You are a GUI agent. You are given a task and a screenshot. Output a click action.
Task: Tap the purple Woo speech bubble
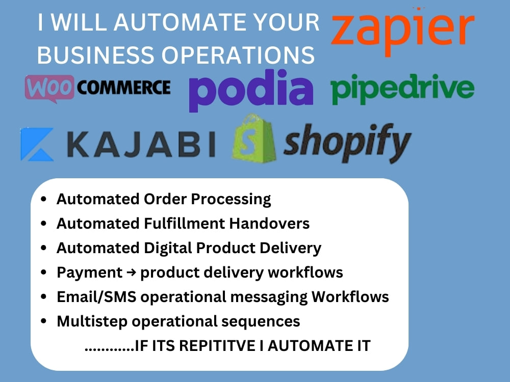click(x=49, y=88)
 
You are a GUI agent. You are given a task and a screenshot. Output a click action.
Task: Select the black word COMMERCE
click(x=124, y=88)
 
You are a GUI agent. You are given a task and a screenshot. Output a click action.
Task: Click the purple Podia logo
click(x=251, y=90)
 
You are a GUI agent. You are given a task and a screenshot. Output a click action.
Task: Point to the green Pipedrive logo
click(x=402, y=88)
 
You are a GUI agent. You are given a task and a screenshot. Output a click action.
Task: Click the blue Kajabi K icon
click(x=37, y=144)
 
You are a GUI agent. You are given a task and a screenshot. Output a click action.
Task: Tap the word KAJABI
click(x=141, y=144)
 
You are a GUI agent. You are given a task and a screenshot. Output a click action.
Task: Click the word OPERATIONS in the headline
click(x=238, y=54)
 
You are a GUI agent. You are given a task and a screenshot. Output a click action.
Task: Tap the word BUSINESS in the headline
click(x=96, y=54)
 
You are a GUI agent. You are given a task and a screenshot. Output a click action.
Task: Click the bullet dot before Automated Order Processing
click(x=43, y=199)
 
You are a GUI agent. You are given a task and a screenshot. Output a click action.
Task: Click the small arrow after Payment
click(x=131, y=272)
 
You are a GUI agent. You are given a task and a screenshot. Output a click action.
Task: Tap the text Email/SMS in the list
click(x=96, y=297)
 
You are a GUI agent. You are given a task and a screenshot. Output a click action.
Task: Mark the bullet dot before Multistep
click(x=43, y=321)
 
